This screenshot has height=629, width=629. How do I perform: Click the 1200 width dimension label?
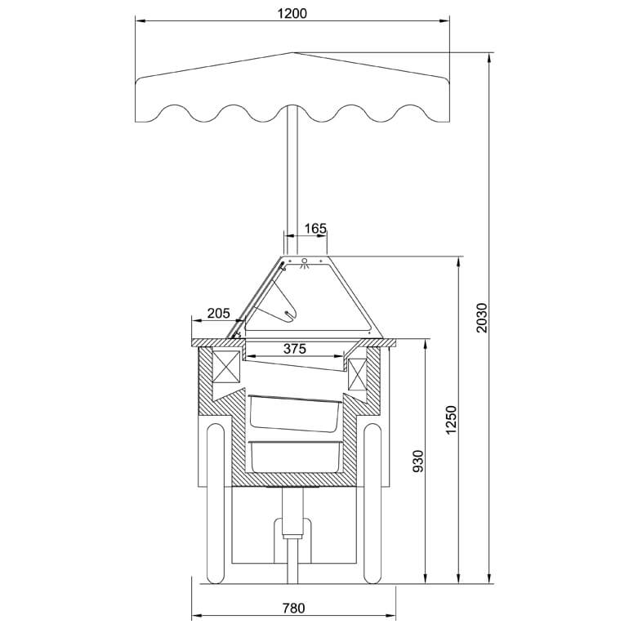[292, 14]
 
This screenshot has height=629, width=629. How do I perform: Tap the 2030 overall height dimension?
[481, 318]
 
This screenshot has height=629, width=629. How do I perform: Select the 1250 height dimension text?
[451, 420]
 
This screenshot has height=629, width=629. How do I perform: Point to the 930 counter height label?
[418, 462]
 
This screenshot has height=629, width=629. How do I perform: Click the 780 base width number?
[293, 608]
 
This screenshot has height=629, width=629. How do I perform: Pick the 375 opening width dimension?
[295, 349]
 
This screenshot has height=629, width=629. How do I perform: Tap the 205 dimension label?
[219, 313]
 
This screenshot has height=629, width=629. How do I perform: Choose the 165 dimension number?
[315, 229]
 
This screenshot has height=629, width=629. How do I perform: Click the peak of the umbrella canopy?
[292, 52]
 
